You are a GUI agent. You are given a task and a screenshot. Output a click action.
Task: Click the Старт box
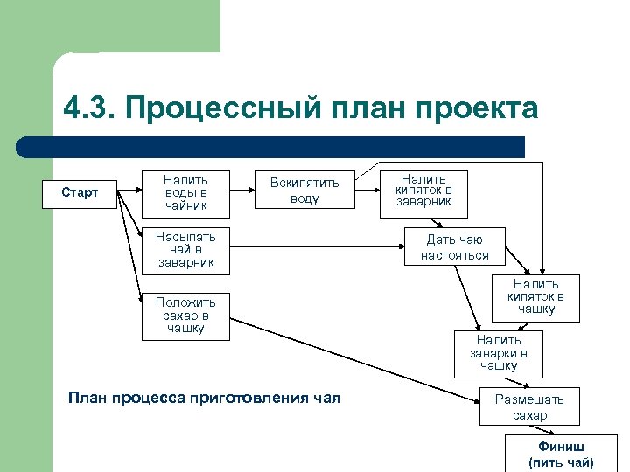pos(80,192)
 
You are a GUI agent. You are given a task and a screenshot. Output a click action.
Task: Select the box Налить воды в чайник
pos(185,192)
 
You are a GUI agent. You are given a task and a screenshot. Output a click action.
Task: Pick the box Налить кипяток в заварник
pos(423,191)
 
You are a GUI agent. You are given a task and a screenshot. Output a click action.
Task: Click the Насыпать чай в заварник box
pos(185,249)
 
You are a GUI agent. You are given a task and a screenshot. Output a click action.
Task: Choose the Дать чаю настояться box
pos(454,247)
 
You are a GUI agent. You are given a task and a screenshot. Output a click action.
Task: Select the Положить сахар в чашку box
pos(185,316)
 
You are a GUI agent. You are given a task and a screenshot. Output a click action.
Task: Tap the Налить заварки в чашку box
pos(499,353)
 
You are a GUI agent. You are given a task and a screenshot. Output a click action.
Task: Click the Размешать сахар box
pos(529,407)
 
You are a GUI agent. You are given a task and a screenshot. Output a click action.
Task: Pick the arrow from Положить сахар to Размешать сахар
pos(350,359)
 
